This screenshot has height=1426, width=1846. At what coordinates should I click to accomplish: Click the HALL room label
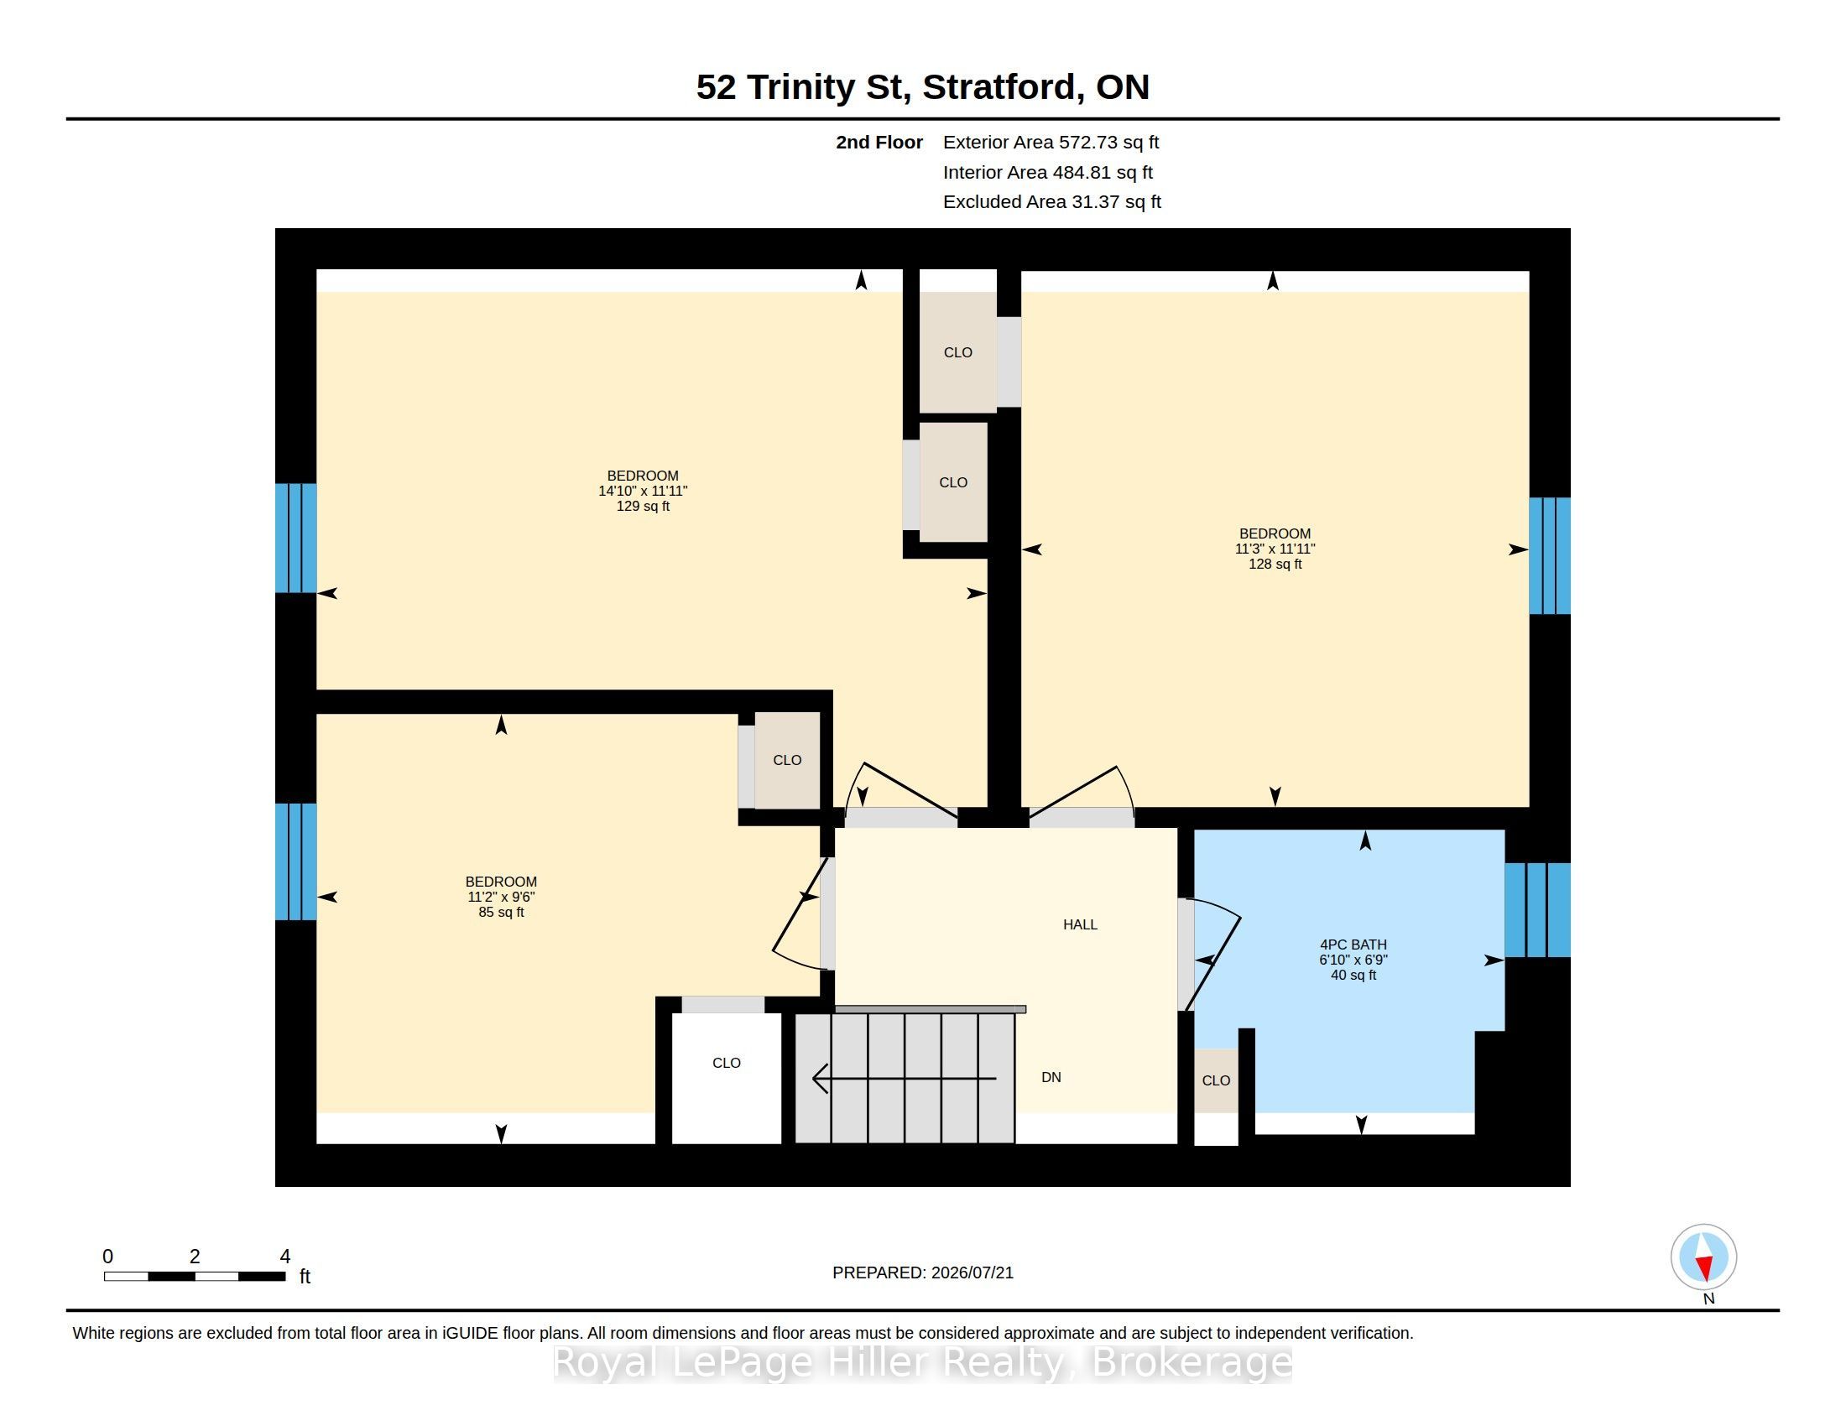pos(1079,924)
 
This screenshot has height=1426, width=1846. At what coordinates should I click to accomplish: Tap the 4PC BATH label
pos(1353,945)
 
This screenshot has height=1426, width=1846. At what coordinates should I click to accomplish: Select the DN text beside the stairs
pos(1051,1077)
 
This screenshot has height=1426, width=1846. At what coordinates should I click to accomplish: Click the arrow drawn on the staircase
pos(905,1079)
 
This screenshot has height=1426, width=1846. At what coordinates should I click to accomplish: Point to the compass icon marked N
pos(1703,1257)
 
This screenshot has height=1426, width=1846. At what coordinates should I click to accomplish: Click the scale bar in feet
pos(195,1276)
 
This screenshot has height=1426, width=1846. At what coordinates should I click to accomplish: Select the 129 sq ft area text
pos(643,506)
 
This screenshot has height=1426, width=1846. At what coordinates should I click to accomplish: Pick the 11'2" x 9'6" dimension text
pos(501,898)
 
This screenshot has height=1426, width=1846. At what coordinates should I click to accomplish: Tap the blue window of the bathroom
pos(1537,910)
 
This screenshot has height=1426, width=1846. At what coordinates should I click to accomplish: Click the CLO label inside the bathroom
pos(1216,1080)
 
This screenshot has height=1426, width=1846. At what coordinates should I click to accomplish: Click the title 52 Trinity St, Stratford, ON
pos(923,87)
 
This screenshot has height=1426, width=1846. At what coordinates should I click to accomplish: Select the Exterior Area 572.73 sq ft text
pos(1051,142)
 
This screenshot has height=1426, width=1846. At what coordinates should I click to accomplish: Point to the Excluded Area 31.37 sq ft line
pos(1051,202)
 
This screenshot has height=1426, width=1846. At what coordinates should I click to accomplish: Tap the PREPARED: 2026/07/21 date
pos(923,1272)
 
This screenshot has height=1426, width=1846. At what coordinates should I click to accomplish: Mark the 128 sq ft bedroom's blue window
pos(1550,556)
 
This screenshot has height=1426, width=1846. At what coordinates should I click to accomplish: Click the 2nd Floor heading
pos(879,142)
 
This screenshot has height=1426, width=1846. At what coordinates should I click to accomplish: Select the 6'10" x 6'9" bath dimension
pos(1353,960)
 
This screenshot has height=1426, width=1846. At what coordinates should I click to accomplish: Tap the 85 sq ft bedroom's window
pos(296,861)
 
